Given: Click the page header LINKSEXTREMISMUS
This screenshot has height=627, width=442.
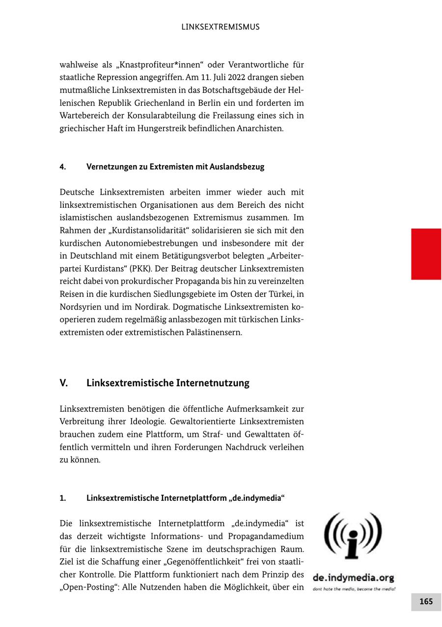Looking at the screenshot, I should click(221, 27).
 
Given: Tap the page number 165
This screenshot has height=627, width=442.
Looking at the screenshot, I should click(426, 601).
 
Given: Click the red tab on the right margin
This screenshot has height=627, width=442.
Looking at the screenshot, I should click(426, 254).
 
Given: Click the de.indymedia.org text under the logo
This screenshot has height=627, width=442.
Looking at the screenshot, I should click(353, 578).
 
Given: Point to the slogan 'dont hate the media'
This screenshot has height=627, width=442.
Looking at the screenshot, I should click(334, 589).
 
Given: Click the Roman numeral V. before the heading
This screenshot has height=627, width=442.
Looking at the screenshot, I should click(64, 383).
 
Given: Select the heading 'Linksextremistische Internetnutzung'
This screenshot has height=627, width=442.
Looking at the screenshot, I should click(167, 383).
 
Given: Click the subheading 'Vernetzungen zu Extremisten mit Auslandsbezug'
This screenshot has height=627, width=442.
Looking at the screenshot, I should click(175, 167).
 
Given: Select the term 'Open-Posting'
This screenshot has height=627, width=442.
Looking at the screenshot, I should click(83, 587).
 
